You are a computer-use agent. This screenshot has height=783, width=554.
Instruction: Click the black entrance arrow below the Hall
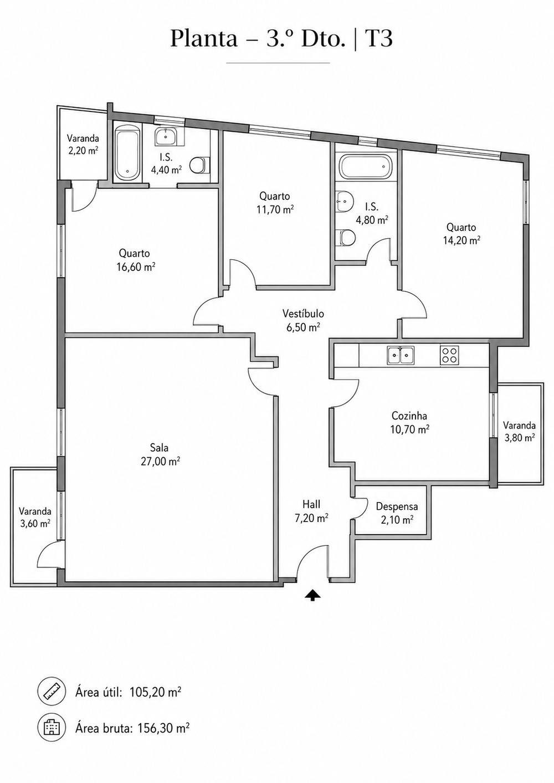(x=312, y=595)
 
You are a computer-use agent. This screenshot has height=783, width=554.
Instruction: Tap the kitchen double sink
(x=400, y=356)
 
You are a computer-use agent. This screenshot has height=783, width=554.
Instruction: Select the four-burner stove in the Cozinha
(x=449, y=356)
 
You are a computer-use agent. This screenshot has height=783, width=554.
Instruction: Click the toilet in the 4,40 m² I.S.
(x=199, y=165)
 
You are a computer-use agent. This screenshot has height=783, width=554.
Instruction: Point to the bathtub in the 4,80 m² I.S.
(x=366, y=167)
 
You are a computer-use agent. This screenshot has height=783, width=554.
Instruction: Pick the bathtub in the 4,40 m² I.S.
(x=127, y=154)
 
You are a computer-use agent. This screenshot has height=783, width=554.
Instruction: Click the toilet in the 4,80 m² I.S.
(x=345, y=238)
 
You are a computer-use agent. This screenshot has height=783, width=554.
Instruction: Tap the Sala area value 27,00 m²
(x=161, y=462)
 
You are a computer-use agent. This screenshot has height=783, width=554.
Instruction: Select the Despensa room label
(x=397, y=506)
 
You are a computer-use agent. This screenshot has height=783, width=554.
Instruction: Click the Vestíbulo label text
(x=304, y=314)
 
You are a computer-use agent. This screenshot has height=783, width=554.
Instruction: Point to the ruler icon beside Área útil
(x=52, y=691)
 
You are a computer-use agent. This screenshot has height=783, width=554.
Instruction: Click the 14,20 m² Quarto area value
(x=461, y=240)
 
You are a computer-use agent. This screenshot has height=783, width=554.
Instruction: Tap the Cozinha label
(x=409, y=416)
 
